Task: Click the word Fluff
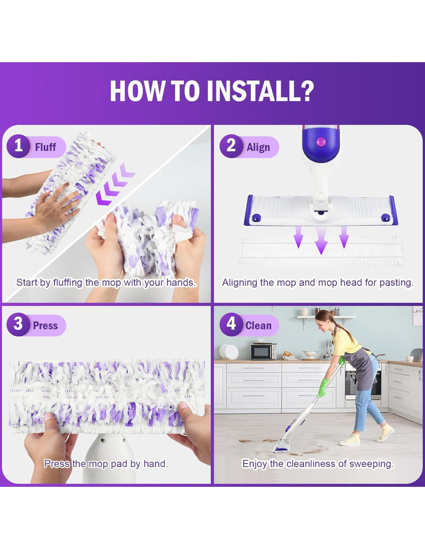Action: pyautogui.click(x=45, y=147)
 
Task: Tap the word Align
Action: pyautogui.click(x=258, y=147)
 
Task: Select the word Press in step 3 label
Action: pyautogui.click(x=46, y=326)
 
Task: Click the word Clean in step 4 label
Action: pyautogui.click(x=258, y=326)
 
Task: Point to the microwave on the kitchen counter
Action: pyautogui.click(x=264, y=351)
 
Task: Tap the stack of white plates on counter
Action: pyautogui.click(x=229, y=352)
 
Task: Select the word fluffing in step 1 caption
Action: pyautogui.click(x=68, y=283)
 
